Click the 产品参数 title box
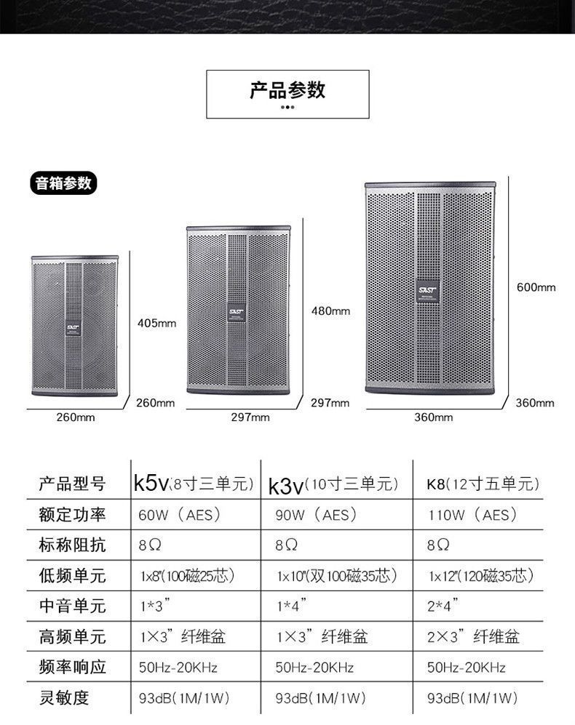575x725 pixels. point(287,94)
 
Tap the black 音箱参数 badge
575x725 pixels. point(64,183)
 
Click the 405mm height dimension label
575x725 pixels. point(157,322)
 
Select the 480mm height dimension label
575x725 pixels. point(330,311)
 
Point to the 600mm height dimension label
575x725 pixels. point(536,287)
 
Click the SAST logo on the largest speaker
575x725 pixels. point(427,289)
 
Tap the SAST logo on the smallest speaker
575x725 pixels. point(74,326)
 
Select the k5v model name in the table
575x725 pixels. point(151,484)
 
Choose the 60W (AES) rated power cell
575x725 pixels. point(179,516)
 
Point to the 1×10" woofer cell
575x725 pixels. point(336,576)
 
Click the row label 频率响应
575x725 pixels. point(72,667)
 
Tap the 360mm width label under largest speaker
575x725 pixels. point(433,417)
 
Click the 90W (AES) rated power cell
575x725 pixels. point(316,516)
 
